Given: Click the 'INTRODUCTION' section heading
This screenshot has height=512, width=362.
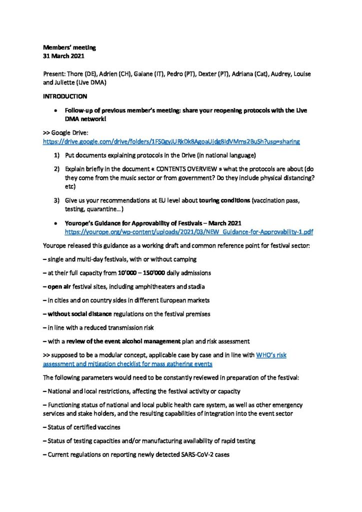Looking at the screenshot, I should [65, 96].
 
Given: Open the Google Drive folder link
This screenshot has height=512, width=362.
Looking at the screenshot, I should [171, 141].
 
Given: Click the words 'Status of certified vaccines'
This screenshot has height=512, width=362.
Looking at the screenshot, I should [84, 426].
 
